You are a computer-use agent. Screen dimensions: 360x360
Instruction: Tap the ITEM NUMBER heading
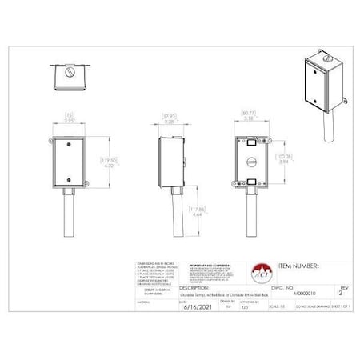click(x=298, y=264)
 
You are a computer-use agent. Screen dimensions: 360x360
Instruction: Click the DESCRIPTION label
click(x=194, y=286)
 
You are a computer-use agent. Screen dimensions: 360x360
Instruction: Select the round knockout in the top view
click(x=70, y=72)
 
